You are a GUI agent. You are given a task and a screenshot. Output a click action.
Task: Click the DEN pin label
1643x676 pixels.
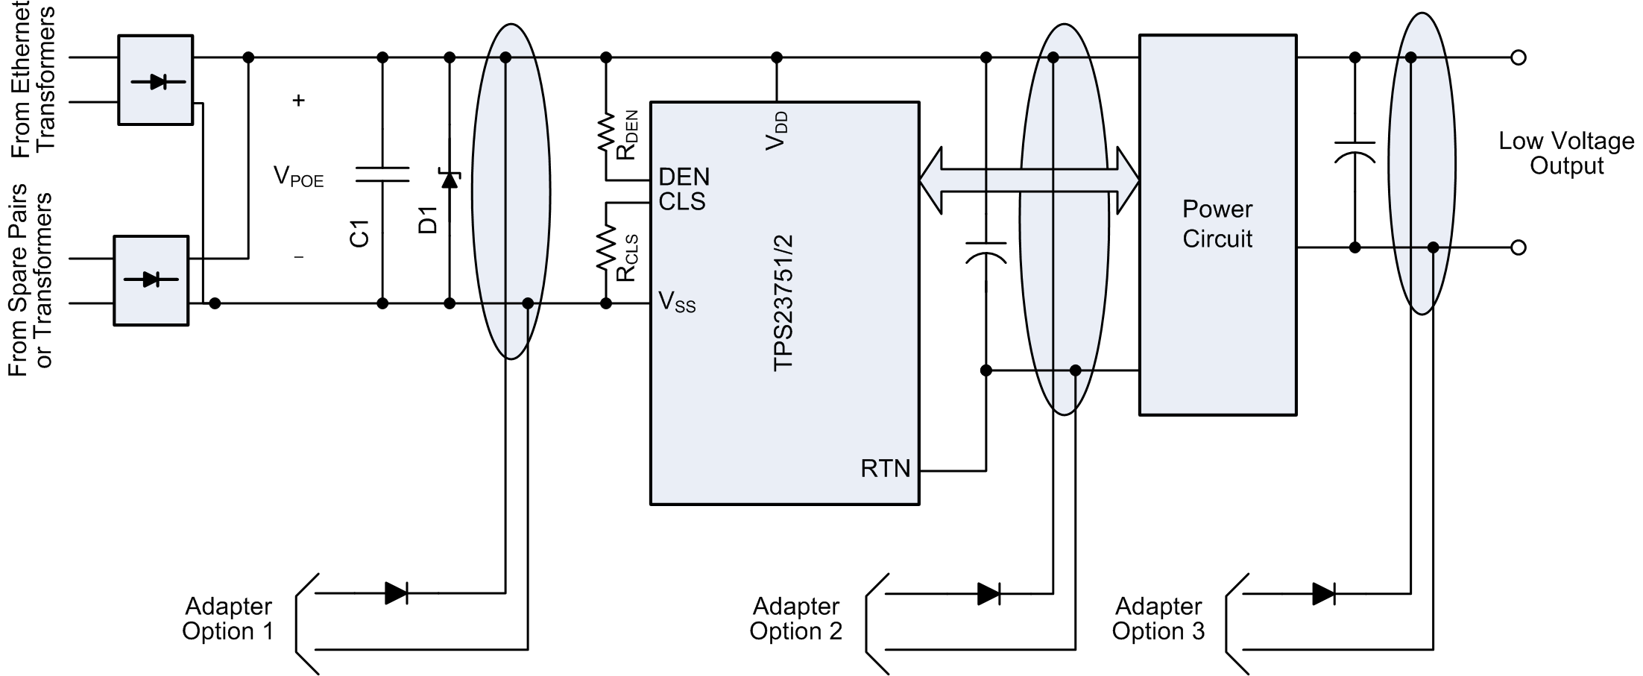[x=684, y=177]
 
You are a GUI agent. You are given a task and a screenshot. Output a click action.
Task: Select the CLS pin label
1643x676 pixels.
[x=681, y=202]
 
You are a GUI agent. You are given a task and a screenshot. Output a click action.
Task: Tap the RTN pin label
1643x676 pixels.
[x=886, y=468]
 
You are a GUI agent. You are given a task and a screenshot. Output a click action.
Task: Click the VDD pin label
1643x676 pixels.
[x=777, y=130]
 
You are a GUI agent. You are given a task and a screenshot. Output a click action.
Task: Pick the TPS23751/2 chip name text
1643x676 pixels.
[x=783, y=303]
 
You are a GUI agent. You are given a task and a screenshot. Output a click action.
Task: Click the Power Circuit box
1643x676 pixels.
[x=1217, y=224]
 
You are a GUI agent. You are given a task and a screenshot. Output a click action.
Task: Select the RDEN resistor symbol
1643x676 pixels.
[x=606, y=134]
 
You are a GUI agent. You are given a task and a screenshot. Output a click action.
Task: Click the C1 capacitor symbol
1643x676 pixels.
[x=382, y=174]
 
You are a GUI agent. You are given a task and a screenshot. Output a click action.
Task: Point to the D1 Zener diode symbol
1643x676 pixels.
[x=450, y=179]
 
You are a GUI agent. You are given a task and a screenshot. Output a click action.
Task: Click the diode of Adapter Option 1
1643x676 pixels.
[x=397, y=593]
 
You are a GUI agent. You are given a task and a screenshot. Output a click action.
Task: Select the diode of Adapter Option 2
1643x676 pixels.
[x=988, y=594]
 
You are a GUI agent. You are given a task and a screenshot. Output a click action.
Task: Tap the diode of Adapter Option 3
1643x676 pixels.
[x=1323, y=594]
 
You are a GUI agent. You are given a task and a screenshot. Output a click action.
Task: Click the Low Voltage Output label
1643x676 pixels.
[x=1566, y=153]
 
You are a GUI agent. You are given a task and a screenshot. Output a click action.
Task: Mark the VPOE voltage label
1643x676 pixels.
[x=298, y=177]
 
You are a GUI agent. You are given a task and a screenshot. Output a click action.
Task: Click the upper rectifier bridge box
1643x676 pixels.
[x=155, y=80]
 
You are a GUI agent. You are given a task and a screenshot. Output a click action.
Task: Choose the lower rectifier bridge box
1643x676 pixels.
[x=151, y=280]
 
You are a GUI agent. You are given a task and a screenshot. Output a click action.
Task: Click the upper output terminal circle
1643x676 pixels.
[x=1518, y=57]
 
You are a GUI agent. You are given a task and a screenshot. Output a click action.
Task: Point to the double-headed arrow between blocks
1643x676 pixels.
[x=1029, y=180]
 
